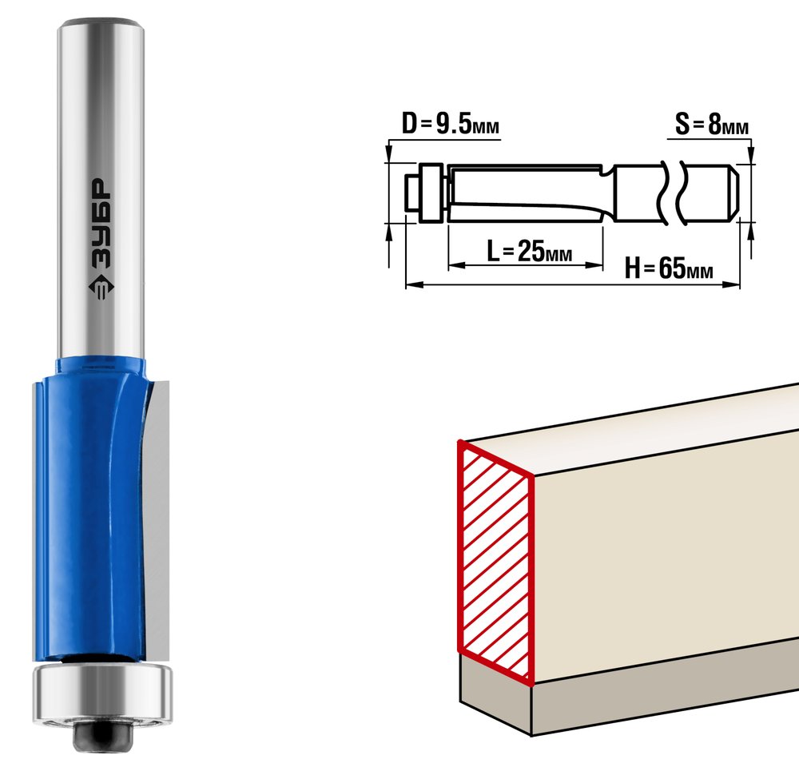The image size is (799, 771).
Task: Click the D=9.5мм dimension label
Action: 451,125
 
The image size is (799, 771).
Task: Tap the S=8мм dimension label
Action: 712,125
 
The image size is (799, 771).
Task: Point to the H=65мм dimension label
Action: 669,268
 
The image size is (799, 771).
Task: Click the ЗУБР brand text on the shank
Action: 101,223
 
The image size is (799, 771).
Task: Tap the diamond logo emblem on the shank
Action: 101,287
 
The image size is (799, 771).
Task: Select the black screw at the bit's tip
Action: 103,734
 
